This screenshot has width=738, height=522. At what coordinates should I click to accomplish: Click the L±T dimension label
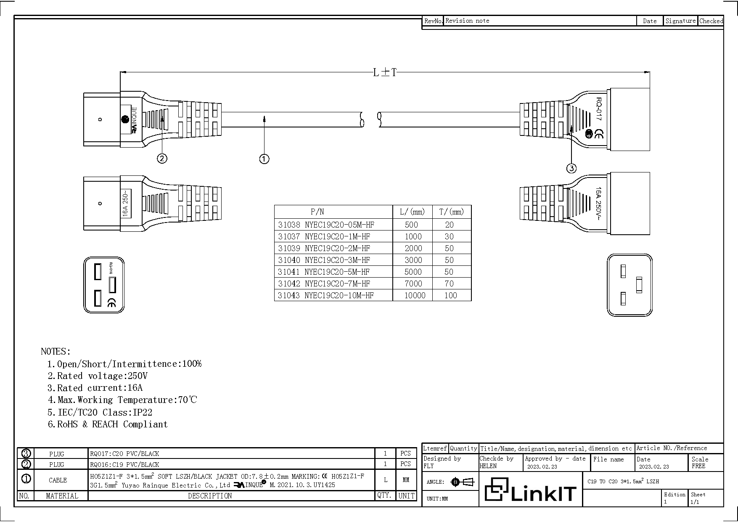click(385, 72)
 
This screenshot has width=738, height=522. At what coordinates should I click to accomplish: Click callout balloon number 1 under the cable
click(264, 159)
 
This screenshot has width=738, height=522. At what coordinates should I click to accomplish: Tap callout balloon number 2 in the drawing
click(162, 159)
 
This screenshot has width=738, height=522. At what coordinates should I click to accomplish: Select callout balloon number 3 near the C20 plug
click(571, 169)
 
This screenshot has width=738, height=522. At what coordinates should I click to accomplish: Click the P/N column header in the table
click(317, 212)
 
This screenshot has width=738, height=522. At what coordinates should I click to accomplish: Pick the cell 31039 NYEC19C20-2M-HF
click(324, 248)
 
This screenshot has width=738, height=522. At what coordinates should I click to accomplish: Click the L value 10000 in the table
click(415, 295)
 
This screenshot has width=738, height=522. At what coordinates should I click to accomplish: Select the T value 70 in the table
click(449, 284)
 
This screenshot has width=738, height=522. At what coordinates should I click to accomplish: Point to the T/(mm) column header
click(451, 212)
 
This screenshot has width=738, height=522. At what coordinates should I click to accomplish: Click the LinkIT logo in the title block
click(530, 490)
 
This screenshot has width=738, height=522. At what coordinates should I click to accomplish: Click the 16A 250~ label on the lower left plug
click(126, 204)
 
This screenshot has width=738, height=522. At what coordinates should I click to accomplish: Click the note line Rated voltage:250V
click(98, 376)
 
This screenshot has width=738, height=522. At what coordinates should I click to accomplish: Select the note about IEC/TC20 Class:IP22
click(100, 412)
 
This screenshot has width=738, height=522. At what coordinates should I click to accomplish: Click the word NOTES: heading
click(56, 351)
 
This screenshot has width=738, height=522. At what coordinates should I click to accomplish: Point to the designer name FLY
click(429, 466)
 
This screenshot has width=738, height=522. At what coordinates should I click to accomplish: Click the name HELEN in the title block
click(488, 466)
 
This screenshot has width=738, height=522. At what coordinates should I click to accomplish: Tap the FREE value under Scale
click(698, 466)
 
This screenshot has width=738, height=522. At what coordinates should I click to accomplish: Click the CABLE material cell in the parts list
click(58, 480)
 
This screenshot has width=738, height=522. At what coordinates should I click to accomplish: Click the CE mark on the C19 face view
click(112, 302)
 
